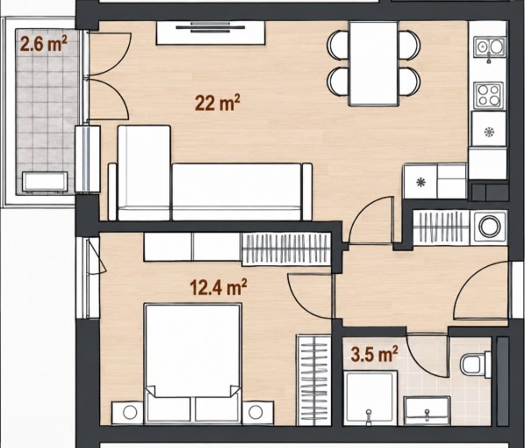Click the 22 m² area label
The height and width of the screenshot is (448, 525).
click(218, 103)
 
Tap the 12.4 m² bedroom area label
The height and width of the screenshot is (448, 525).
click(219, 287)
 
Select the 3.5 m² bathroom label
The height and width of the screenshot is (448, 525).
click(374, 355)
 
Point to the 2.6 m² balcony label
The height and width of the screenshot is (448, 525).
click(44, 44)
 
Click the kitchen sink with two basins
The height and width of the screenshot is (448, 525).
click(489, 47)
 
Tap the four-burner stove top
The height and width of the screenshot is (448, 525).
click(488, 96)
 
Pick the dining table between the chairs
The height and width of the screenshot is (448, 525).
click(373, 63)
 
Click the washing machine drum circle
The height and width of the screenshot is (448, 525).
click(490, 227)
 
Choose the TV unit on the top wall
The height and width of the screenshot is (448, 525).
click(211, 33)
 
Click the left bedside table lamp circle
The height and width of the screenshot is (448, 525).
click(130, 413)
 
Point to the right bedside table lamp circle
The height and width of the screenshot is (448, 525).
click(255, 412)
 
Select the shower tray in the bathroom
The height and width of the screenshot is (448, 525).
click(371, 398)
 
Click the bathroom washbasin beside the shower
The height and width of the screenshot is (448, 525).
click(427, 411)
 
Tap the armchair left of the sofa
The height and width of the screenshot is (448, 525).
click(144, 172)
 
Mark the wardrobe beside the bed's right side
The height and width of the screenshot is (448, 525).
click(313, 380)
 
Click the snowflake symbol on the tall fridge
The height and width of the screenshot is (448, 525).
click(490, 132)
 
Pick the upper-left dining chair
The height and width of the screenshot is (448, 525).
click(339, 45)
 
